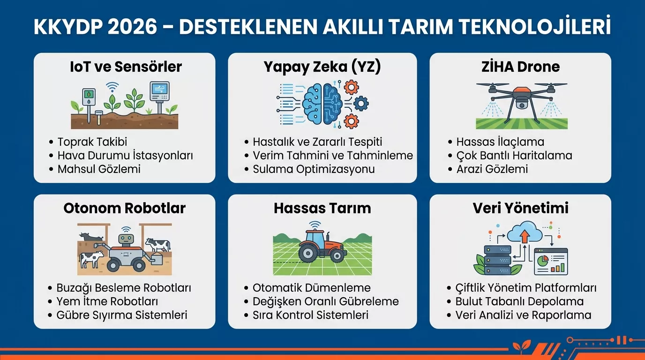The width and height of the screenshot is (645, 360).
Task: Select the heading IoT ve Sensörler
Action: [125, 67]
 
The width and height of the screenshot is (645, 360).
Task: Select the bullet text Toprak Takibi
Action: [92, 142]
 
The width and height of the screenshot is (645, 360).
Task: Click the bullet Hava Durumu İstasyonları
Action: [125, 155]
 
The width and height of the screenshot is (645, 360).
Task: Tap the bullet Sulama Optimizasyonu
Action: [314, 169]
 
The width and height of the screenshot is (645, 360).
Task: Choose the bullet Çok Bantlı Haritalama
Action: [514, 155]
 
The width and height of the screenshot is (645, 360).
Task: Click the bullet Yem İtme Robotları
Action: [107, 301]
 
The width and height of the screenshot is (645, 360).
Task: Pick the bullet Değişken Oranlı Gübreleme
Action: [325, 301]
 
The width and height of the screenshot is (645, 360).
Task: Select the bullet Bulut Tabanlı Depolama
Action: [519, 301]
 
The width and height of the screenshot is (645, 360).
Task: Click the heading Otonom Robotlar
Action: [125, 208]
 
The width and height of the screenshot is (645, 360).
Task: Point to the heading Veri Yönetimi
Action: [520, 208]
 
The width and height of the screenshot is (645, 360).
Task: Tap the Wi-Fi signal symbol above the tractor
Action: [315, 224]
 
